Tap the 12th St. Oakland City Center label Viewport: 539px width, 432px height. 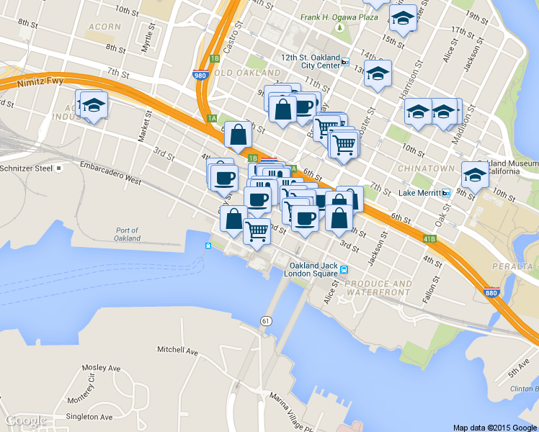310,60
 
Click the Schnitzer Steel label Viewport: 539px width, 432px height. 27,168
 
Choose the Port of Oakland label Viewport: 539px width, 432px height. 127,234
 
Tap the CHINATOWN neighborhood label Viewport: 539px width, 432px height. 426,168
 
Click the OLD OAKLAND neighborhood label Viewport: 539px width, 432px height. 248,73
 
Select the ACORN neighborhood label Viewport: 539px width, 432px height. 104,27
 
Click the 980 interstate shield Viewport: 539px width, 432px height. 200,74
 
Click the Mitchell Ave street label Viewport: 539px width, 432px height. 177,350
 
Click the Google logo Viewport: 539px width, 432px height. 26,420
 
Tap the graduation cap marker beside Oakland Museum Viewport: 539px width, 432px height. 474,174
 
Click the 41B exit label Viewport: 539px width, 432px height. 429,237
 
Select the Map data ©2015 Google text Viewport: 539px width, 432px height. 495,427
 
